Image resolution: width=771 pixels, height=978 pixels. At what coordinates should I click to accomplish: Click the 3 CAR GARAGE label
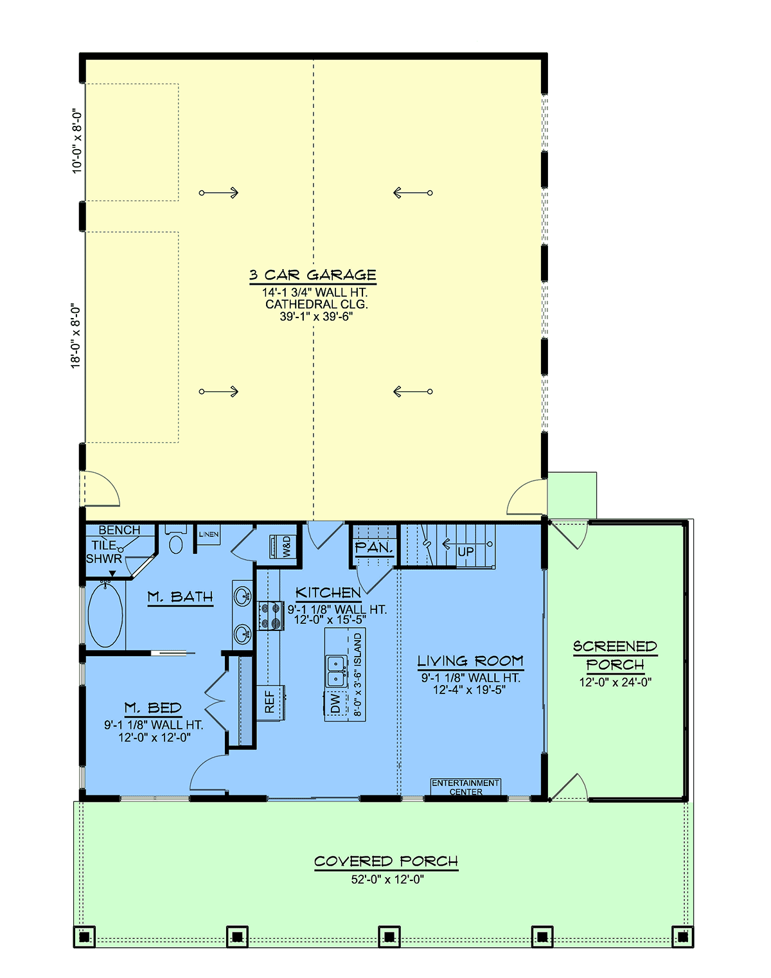(313, 275)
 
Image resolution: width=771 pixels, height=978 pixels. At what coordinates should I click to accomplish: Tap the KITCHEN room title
(328, 592)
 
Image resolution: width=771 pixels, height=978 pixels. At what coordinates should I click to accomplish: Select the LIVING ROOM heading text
(470, 661)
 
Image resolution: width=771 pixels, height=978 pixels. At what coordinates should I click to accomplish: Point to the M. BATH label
(181, 597)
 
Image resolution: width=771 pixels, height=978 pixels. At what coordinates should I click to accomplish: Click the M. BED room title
(153, 707)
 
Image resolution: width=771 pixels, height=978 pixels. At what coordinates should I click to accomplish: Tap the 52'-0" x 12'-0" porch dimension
(387, 880)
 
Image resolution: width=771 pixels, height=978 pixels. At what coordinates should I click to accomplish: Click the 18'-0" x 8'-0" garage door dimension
(75, 336)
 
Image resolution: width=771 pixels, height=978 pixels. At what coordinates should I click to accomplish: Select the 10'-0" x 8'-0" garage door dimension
(77, 141)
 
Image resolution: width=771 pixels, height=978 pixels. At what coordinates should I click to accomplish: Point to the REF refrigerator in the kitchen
(270, 702)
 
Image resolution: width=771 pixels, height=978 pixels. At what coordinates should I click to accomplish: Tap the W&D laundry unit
(283, 546)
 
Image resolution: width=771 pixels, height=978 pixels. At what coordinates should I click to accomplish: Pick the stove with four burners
(270, 616)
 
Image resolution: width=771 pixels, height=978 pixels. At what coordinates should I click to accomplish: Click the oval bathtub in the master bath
(105, 615)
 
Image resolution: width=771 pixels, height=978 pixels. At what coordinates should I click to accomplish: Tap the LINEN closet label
(209, 534)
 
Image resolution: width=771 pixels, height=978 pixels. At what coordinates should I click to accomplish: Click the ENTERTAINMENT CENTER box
(466, 787)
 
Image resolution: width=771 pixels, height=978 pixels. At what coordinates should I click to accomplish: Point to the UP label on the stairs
(466, 552)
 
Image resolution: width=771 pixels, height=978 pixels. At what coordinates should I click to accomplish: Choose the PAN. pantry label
(373, 547)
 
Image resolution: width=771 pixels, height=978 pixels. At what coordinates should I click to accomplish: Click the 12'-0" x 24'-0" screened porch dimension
(615, 682)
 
